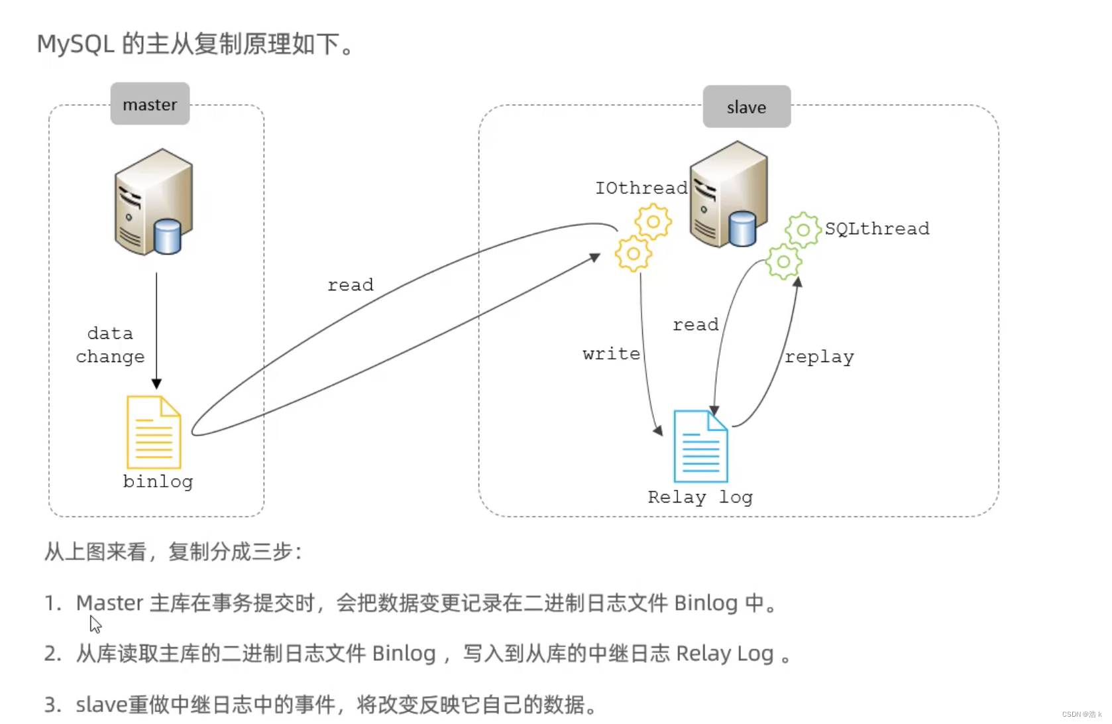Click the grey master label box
pos(150,104)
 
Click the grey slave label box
pos(746,107)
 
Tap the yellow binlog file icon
pos(154,432)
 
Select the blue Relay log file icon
pos(700,447)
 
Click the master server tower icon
pos(154,202)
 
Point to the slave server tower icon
pos(729,194)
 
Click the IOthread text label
pos(641,188)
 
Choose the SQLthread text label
pos(876,229)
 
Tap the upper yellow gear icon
pos(653,221)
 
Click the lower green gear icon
pos(783,261)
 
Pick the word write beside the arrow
pos(611,354)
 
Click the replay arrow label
pos(819,357)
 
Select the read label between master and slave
pos(350,285)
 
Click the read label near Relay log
pos(695,325)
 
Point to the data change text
pos(110,345)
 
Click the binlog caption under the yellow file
pos(158,482)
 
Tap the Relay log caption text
pos(700,497)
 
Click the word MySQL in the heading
pos(76,44)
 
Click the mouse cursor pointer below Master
pos(95,624)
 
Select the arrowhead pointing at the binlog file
pos(156,384)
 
